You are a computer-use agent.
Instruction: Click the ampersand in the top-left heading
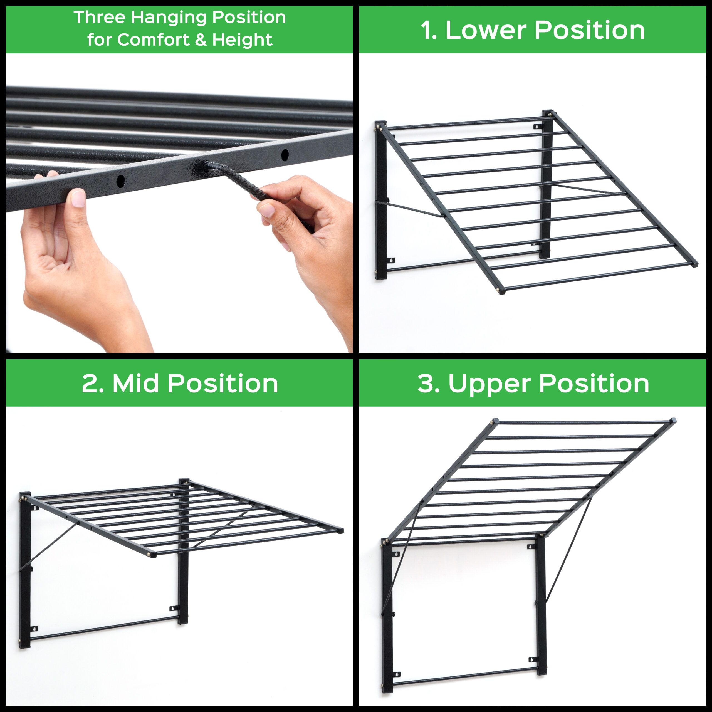click(201, 40)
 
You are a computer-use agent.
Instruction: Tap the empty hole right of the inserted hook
click(285, 155)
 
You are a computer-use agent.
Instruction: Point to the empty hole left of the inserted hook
click(120, 181)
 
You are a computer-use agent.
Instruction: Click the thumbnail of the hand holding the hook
click(267, 210)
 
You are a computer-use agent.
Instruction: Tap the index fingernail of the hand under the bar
click(78, 198)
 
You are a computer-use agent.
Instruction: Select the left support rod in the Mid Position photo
click(49, 546)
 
